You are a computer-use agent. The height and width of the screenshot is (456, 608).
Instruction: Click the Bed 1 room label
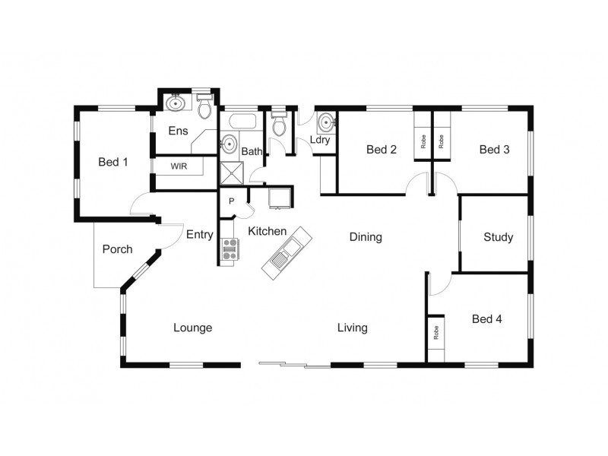[x=113, y=162]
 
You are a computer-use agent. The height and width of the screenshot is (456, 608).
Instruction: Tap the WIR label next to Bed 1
[x=179, y=166]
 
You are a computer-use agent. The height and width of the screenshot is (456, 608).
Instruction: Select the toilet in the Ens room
[x=204, y=109]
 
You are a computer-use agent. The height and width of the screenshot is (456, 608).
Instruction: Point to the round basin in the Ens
[x=176, y=103]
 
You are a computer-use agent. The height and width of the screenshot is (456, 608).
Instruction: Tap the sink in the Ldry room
[x=326, y=122]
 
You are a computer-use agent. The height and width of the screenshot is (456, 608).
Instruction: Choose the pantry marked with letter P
[x=232, y=201]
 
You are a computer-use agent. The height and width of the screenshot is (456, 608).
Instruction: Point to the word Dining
[x=366, y=237]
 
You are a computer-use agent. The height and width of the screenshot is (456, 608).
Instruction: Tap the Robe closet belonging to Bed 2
[x=423, y=141]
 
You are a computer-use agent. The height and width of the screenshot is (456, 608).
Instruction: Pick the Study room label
[x=498, y=237]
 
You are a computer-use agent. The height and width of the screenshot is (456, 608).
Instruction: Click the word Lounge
[x=192, y=328]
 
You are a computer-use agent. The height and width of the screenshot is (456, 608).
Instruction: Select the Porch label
[x=117, y=249]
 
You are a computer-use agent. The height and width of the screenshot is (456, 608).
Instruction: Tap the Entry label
[x=200, y=235]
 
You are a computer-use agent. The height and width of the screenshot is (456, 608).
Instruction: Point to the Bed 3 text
[x=494, y=150]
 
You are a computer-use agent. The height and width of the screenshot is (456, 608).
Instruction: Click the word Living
[x=353, y=328]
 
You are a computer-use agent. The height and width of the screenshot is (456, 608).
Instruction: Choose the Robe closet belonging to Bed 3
[x=442, y=141]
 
